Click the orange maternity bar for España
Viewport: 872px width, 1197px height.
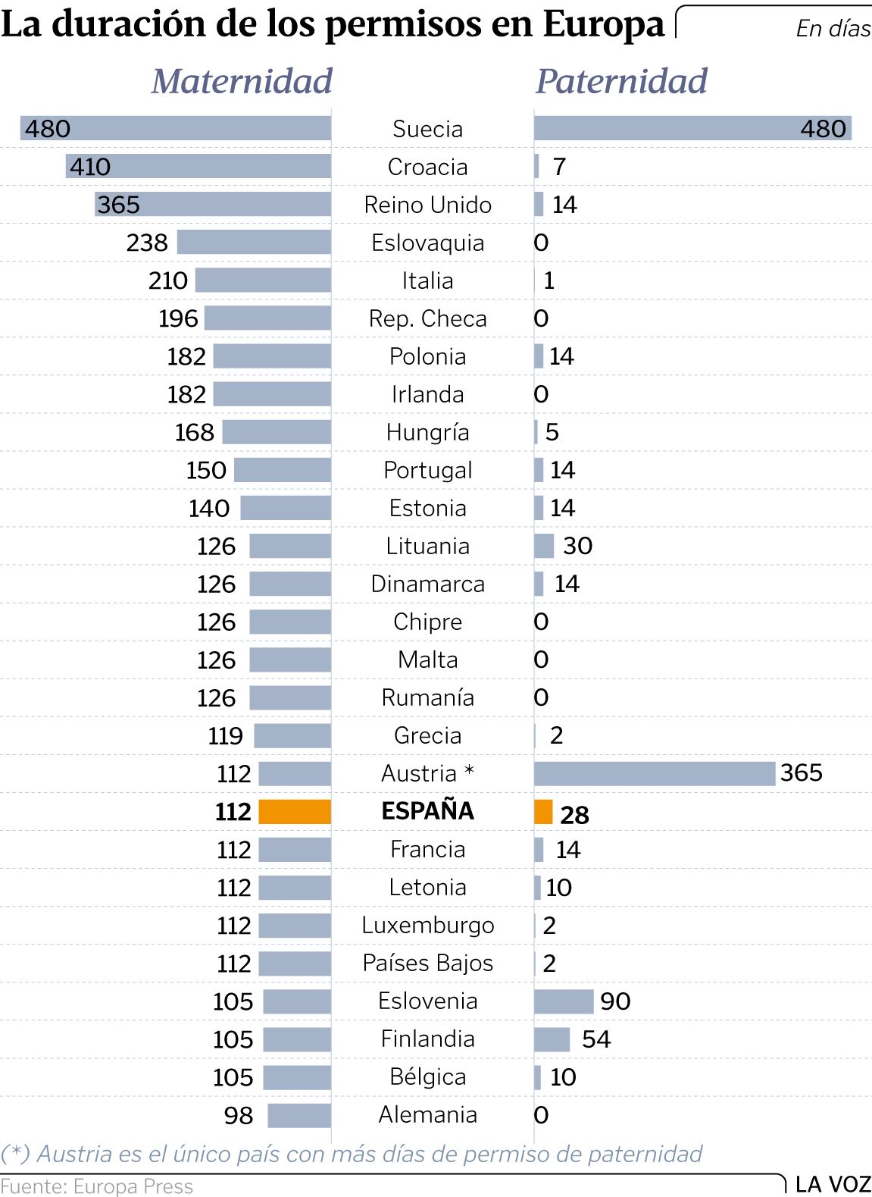click(x=295, y=811)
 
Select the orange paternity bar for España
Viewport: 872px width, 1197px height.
click(x=543, y=811)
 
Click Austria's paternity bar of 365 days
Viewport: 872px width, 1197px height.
click(x=655, y=773)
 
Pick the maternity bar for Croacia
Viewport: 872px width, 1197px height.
click(x=198, y=166)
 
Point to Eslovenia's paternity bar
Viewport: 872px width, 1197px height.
click(x=564, y=1001)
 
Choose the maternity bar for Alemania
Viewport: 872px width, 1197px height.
click(x=299, y=1115)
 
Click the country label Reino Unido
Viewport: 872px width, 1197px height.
click(x=427, y=205)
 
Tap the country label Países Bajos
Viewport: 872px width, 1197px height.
click(x=427, y=963)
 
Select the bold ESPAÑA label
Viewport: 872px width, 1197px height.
click(x=427, y=811)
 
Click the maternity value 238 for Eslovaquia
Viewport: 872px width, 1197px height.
click(x=147, y=243)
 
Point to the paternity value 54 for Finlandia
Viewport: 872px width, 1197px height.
click(x=596, y=1039)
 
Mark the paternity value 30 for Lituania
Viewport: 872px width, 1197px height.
click(x=577, y=546)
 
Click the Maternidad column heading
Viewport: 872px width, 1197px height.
click(x=242, y=81)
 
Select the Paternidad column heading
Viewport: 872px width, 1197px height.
click(x=621, y=81)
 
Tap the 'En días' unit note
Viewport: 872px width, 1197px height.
click(x=833, y=29)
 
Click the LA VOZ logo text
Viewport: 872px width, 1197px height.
click(x=833, y=1184)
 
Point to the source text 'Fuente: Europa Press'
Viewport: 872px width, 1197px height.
click(x=97, y=1186)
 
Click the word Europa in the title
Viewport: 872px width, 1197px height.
click(x=603, y=24)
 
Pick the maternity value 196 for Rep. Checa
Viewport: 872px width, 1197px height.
click(x=178, y=318)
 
